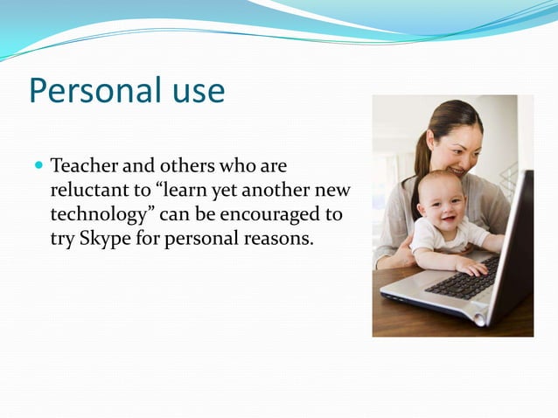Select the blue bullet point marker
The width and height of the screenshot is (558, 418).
coord(39,164)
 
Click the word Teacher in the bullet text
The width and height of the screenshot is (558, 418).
coord(84,165)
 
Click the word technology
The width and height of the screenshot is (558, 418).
coord(95,214)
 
